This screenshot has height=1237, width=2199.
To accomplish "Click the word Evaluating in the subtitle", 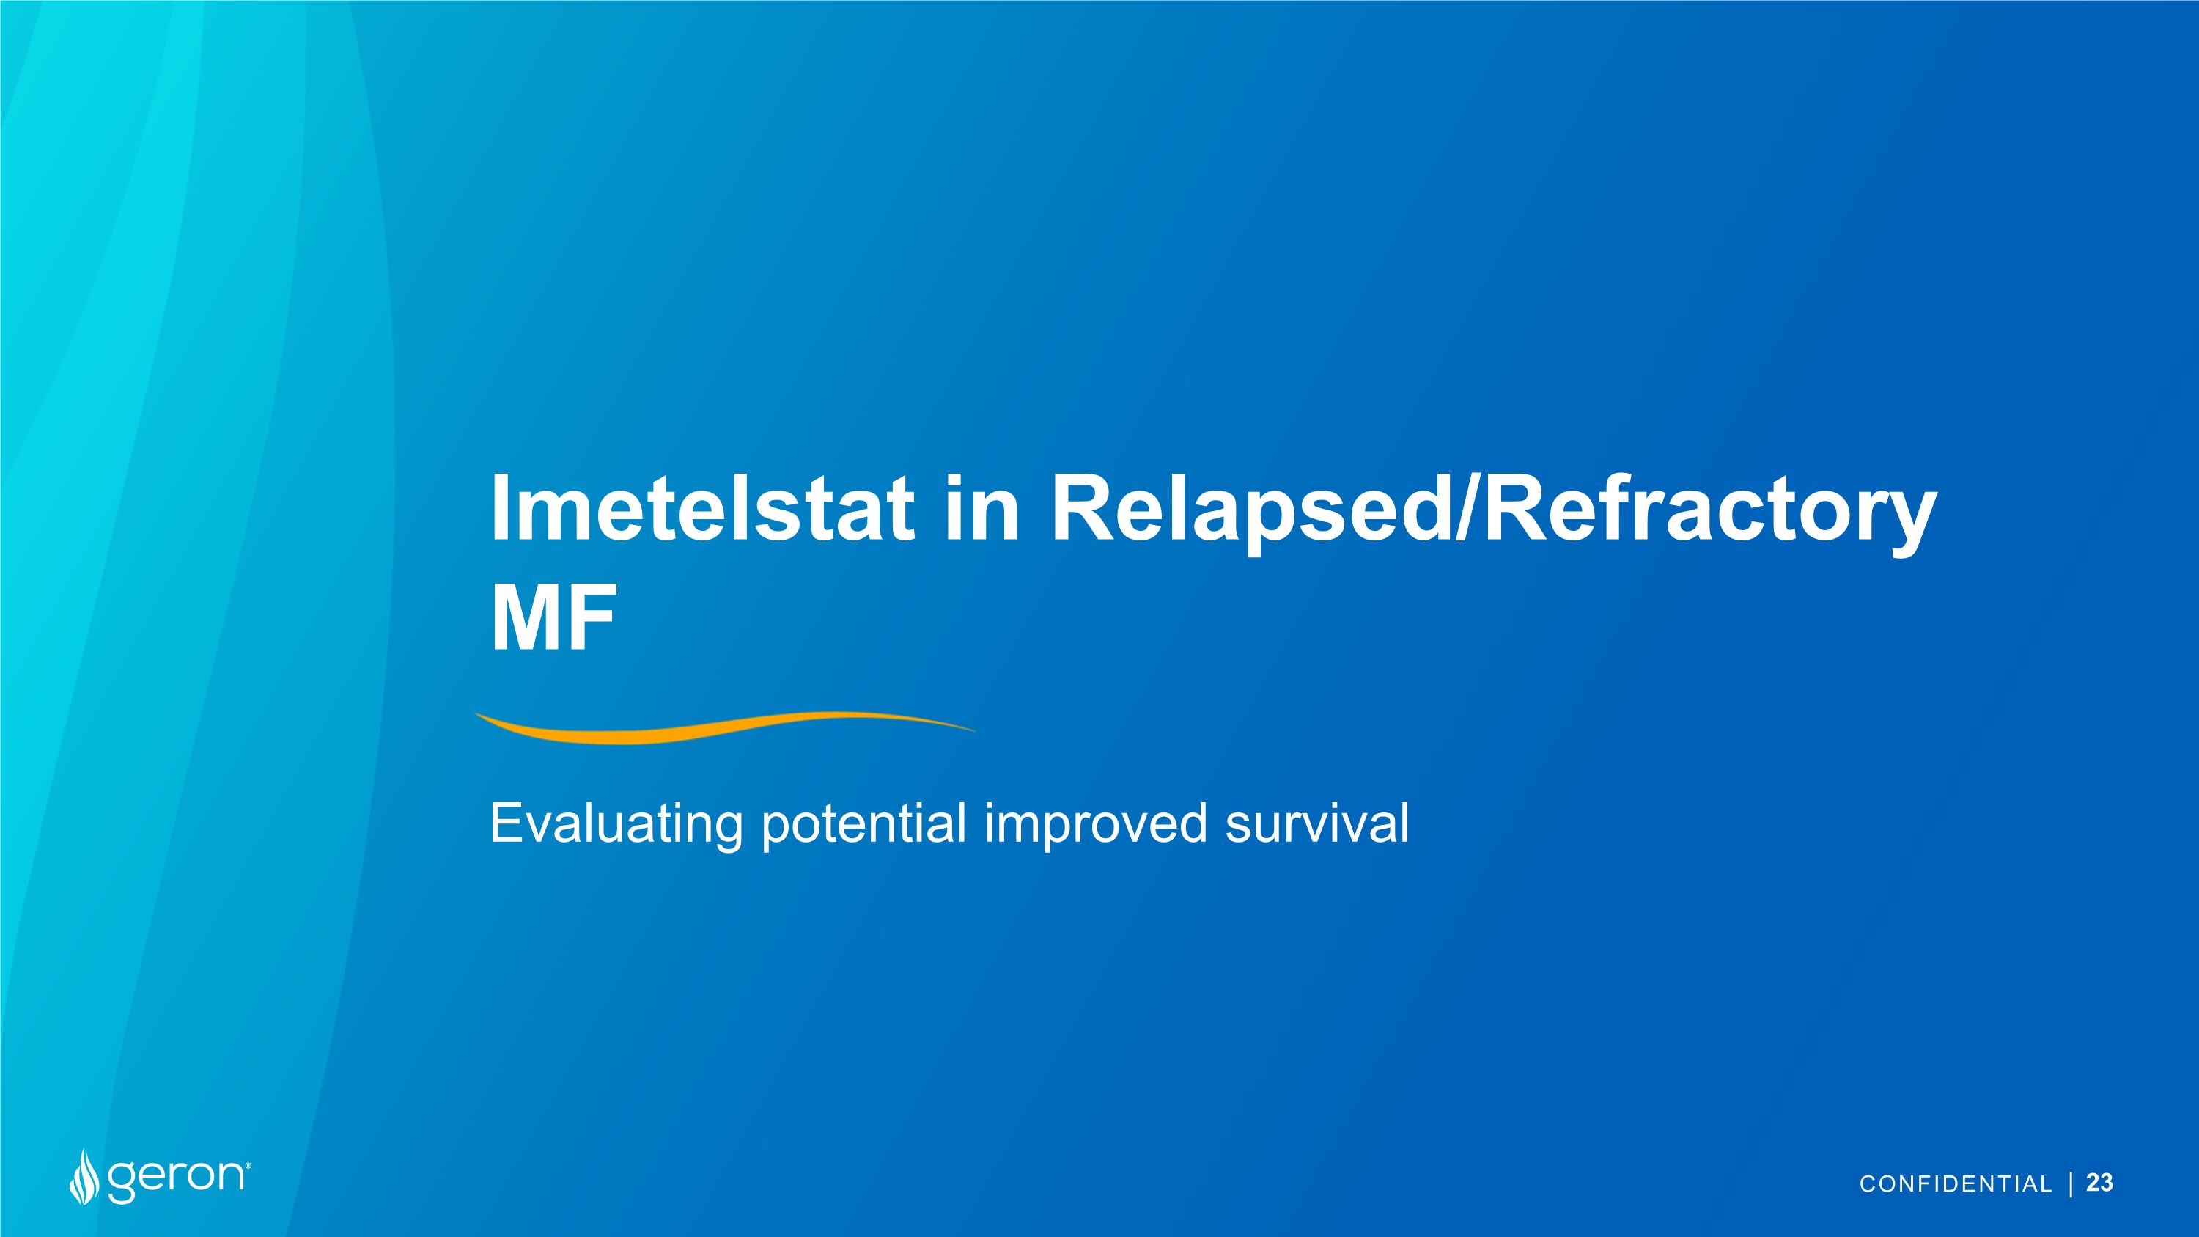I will pos(615,825).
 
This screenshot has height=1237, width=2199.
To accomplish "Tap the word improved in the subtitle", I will pos(1095,825).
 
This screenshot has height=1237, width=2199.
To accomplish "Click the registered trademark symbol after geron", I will pos(248,1164).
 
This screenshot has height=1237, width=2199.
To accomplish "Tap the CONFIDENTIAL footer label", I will pos(1955,1184).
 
